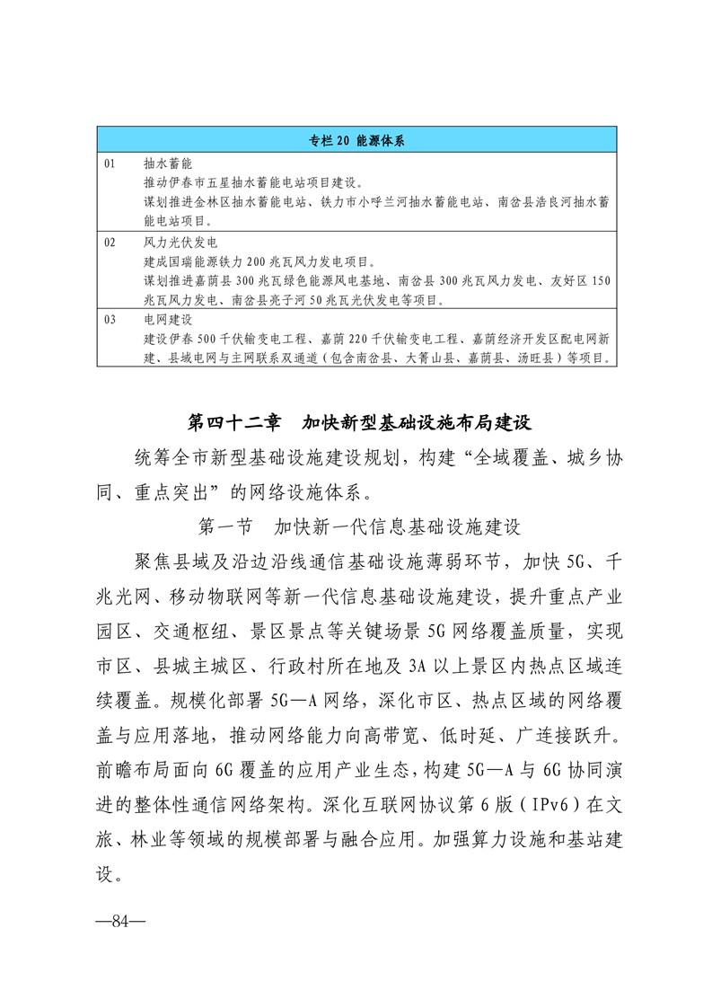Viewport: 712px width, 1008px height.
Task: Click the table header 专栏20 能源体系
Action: (x=355, y=140)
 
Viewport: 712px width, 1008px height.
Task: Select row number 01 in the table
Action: (x=110, y=164)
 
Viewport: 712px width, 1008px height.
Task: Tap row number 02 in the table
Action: (x=110, y=243)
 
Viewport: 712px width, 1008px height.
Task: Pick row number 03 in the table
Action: (x=110, y=320)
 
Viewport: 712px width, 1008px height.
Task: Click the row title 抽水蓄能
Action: (x=163, y=164)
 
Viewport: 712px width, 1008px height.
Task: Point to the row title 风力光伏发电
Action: (x=174, y=243)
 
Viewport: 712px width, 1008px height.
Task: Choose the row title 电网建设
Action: (x=163, y=320)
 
